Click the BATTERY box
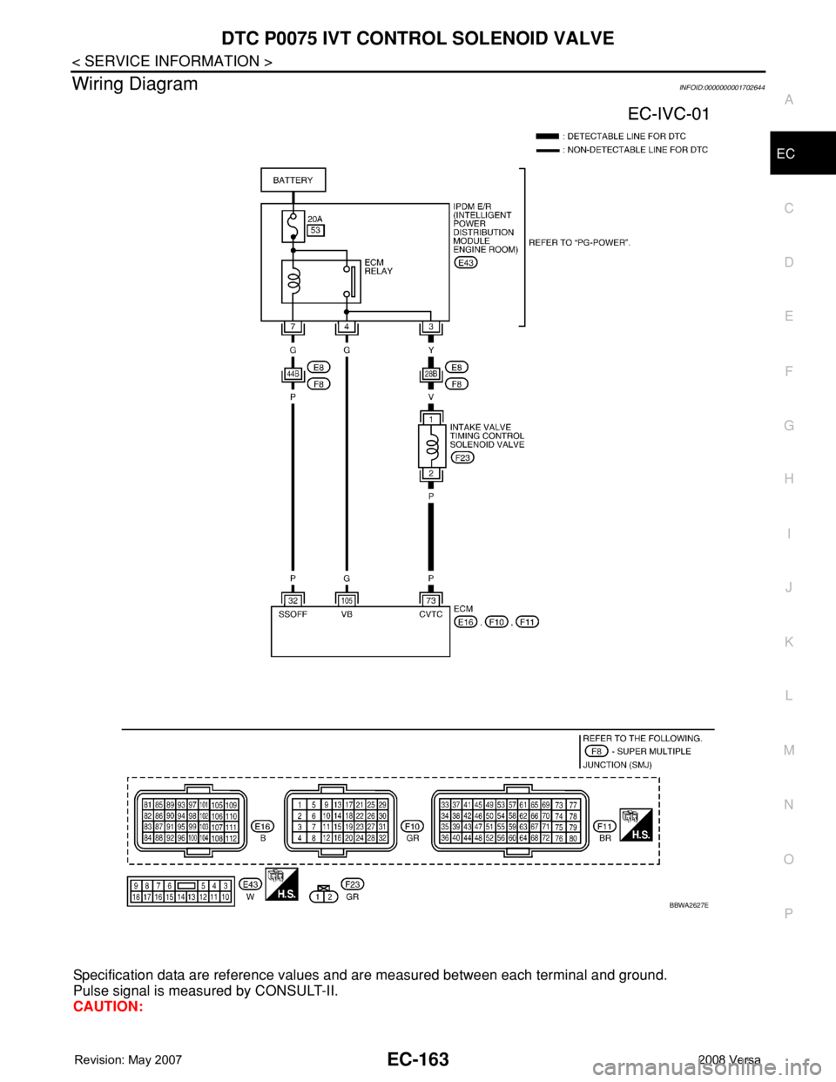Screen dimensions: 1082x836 click(293, 180)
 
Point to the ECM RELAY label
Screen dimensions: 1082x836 click(378, 267)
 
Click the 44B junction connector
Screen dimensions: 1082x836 click(293, 374)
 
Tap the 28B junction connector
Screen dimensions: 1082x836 click(431, 374)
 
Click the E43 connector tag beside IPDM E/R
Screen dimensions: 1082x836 click(465, 262)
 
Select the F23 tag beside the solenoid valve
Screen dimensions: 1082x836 click(463, 457)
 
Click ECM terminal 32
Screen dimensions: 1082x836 click(293, 600)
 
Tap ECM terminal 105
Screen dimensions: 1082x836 click(347, 600)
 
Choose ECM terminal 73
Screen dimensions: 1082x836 click(431, 600)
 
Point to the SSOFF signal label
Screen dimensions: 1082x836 click(293, 614)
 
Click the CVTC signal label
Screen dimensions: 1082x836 click(431, 614)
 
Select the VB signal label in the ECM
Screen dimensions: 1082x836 click(347, 614)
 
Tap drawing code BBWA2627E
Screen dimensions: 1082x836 click(688, 906)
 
